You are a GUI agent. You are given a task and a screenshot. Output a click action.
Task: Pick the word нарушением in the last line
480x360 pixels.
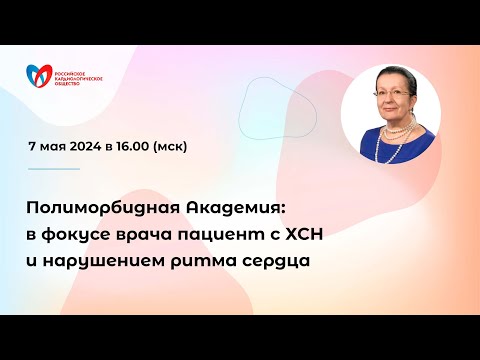pyautogui.click(x=109, y=262)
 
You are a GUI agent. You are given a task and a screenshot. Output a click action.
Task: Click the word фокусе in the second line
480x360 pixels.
pyautogui.click(x=75, y=235)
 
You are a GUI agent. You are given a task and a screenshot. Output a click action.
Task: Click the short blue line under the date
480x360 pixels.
pyautogui.click(x=52, y=168)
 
